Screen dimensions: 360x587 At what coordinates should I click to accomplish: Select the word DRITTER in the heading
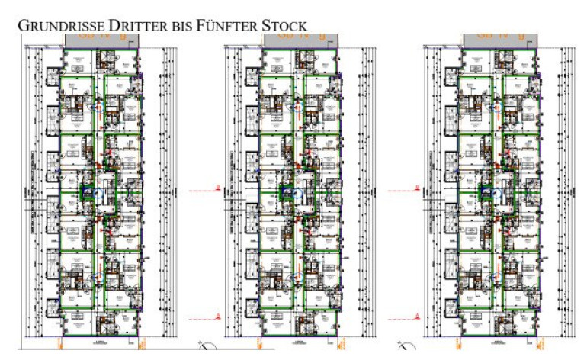pyautogui.click(x=135, y=25)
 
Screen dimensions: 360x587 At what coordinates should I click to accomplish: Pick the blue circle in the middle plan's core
pyautogui.click(x=290, y=194)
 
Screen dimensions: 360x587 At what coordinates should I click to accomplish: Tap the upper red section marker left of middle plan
pyautogui.click(x=218, y=186)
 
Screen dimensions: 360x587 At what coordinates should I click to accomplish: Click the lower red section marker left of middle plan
pyautogui.click(x=218, y=314)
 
